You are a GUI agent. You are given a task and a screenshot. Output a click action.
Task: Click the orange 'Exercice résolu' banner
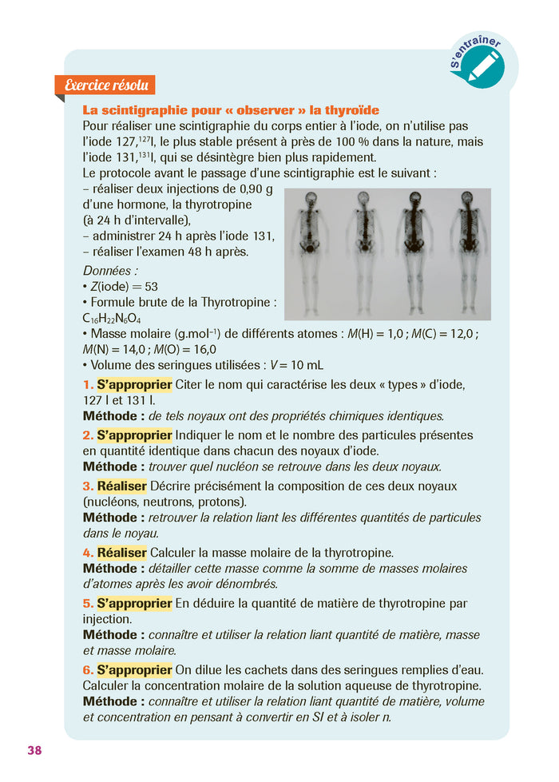[x=105, y=85]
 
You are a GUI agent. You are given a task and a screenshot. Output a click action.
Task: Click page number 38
[x=34, y=750]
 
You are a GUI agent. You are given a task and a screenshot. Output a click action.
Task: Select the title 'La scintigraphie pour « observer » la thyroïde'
[x=231, y=110]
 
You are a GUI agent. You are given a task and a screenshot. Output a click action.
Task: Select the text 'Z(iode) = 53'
[x=120, y=287]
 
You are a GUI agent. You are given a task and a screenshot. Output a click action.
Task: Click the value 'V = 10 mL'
[x=297, y=364]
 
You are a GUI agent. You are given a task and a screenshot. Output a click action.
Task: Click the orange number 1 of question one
[x=87, y=385]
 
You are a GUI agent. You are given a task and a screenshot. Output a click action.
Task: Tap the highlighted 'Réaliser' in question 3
[x=121, y=486]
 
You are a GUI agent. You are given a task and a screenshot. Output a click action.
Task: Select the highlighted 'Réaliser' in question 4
[x=121, y=553]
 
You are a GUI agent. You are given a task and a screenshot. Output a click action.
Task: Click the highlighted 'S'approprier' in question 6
[x=134, y=670]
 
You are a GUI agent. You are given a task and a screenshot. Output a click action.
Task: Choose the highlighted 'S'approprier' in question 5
[x=134, y=603]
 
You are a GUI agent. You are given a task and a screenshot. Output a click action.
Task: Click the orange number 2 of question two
[x=87, y=435]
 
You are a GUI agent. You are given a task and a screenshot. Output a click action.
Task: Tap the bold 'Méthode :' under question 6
[x=113, y=701]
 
